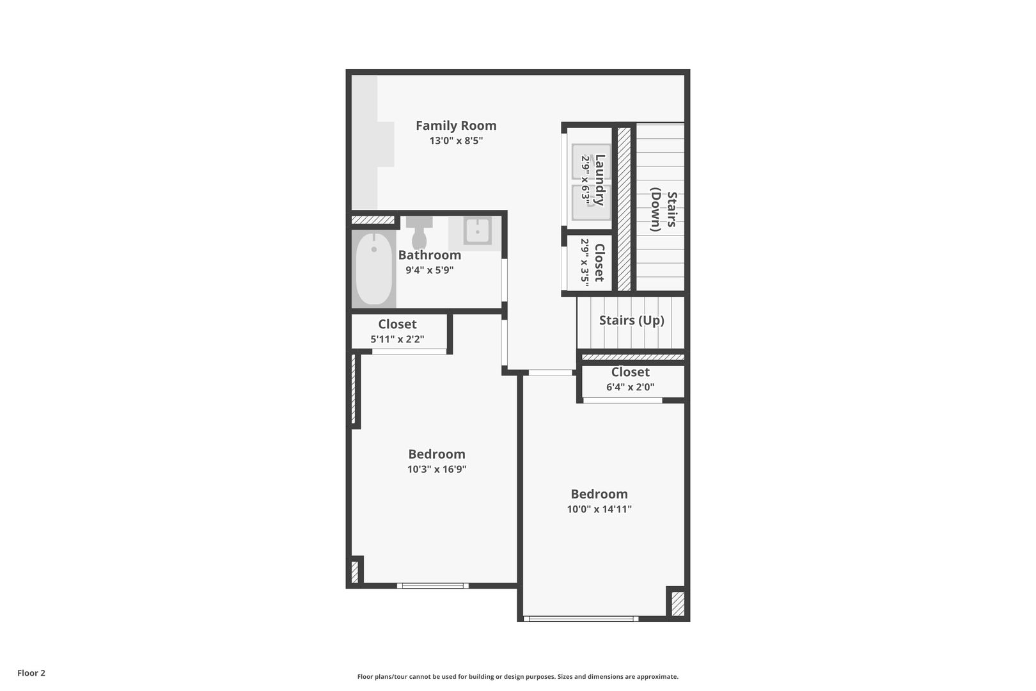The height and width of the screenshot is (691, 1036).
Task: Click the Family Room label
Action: pyautogui.click(x=456, y=126)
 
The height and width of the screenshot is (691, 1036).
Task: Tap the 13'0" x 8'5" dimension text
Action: pyautogui.click(x=456, y=141)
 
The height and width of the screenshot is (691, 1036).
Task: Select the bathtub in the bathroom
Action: pyautogui.click(x=374, y=269)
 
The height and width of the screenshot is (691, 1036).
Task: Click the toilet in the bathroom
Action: pyautogui.click(x=420, y=234)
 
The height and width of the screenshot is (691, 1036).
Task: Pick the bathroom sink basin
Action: pyautogui.click(x=477, y=231)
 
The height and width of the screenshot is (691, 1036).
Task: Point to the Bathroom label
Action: pyautogui.click(x=430, y=255)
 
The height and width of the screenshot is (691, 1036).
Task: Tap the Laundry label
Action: pyautogui.click(x=600, y=180)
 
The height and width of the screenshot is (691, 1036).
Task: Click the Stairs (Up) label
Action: pyautogui.click(x=631, y=321)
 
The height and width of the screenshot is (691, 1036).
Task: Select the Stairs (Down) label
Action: pyautogui.click(x=663, y=210)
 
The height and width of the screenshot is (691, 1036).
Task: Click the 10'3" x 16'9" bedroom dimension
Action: pyautogui.click(x=437, y=469)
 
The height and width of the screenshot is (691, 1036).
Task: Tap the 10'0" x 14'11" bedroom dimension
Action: pyautogui.click(x=599, y=509)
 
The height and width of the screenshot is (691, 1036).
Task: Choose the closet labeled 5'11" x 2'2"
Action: pyautogui.click(x=397, y=331)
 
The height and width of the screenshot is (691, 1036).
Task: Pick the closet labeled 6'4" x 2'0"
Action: pyautogui.click(x=630, y=379)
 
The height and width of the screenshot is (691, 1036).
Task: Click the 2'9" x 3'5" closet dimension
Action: pyautogui.click(x=585, y=262)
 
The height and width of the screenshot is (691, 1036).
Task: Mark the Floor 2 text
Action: pyautogui.click(x=31, y=673)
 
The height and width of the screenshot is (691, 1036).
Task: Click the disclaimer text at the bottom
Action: pyautogui.click(x=517, y=676)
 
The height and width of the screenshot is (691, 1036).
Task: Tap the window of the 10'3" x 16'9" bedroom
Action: pyautogui.click(x=432, y=585)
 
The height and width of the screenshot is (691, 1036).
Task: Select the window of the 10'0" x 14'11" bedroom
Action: pyautogui.click(x=581, y=619)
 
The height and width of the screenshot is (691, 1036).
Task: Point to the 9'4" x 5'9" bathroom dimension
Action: pyautogui.click(x=430, y=270)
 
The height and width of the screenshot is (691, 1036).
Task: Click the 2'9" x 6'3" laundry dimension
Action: pyautogui.click(x=585, y=180)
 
